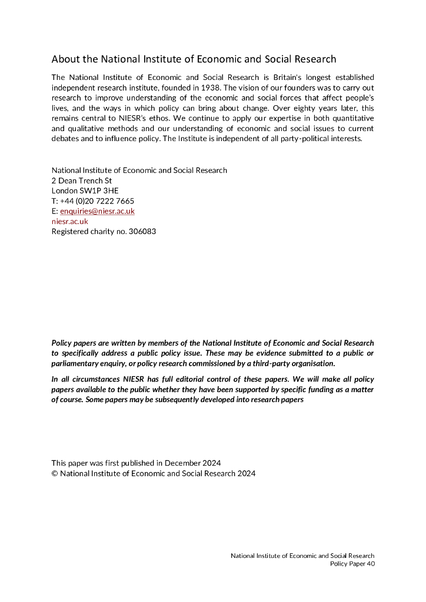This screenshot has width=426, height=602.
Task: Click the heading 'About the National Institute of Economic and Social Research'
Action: point(194,59)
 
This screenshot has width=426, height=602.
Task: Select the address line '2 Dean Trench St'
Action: point(82,180)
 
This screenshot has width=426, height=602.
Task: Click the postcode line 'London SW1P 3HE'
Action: point(85,190)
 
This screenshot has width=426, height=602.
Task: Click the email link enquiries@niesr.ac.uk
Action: point(97,211)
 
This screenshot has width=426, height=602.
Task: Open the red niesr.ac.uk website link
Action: point(70,221)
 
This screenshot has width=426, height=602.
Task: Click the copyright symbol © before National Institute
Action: point(55,473)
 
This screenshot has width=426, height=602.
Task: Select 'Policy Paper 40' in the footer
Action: point(352,564)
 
